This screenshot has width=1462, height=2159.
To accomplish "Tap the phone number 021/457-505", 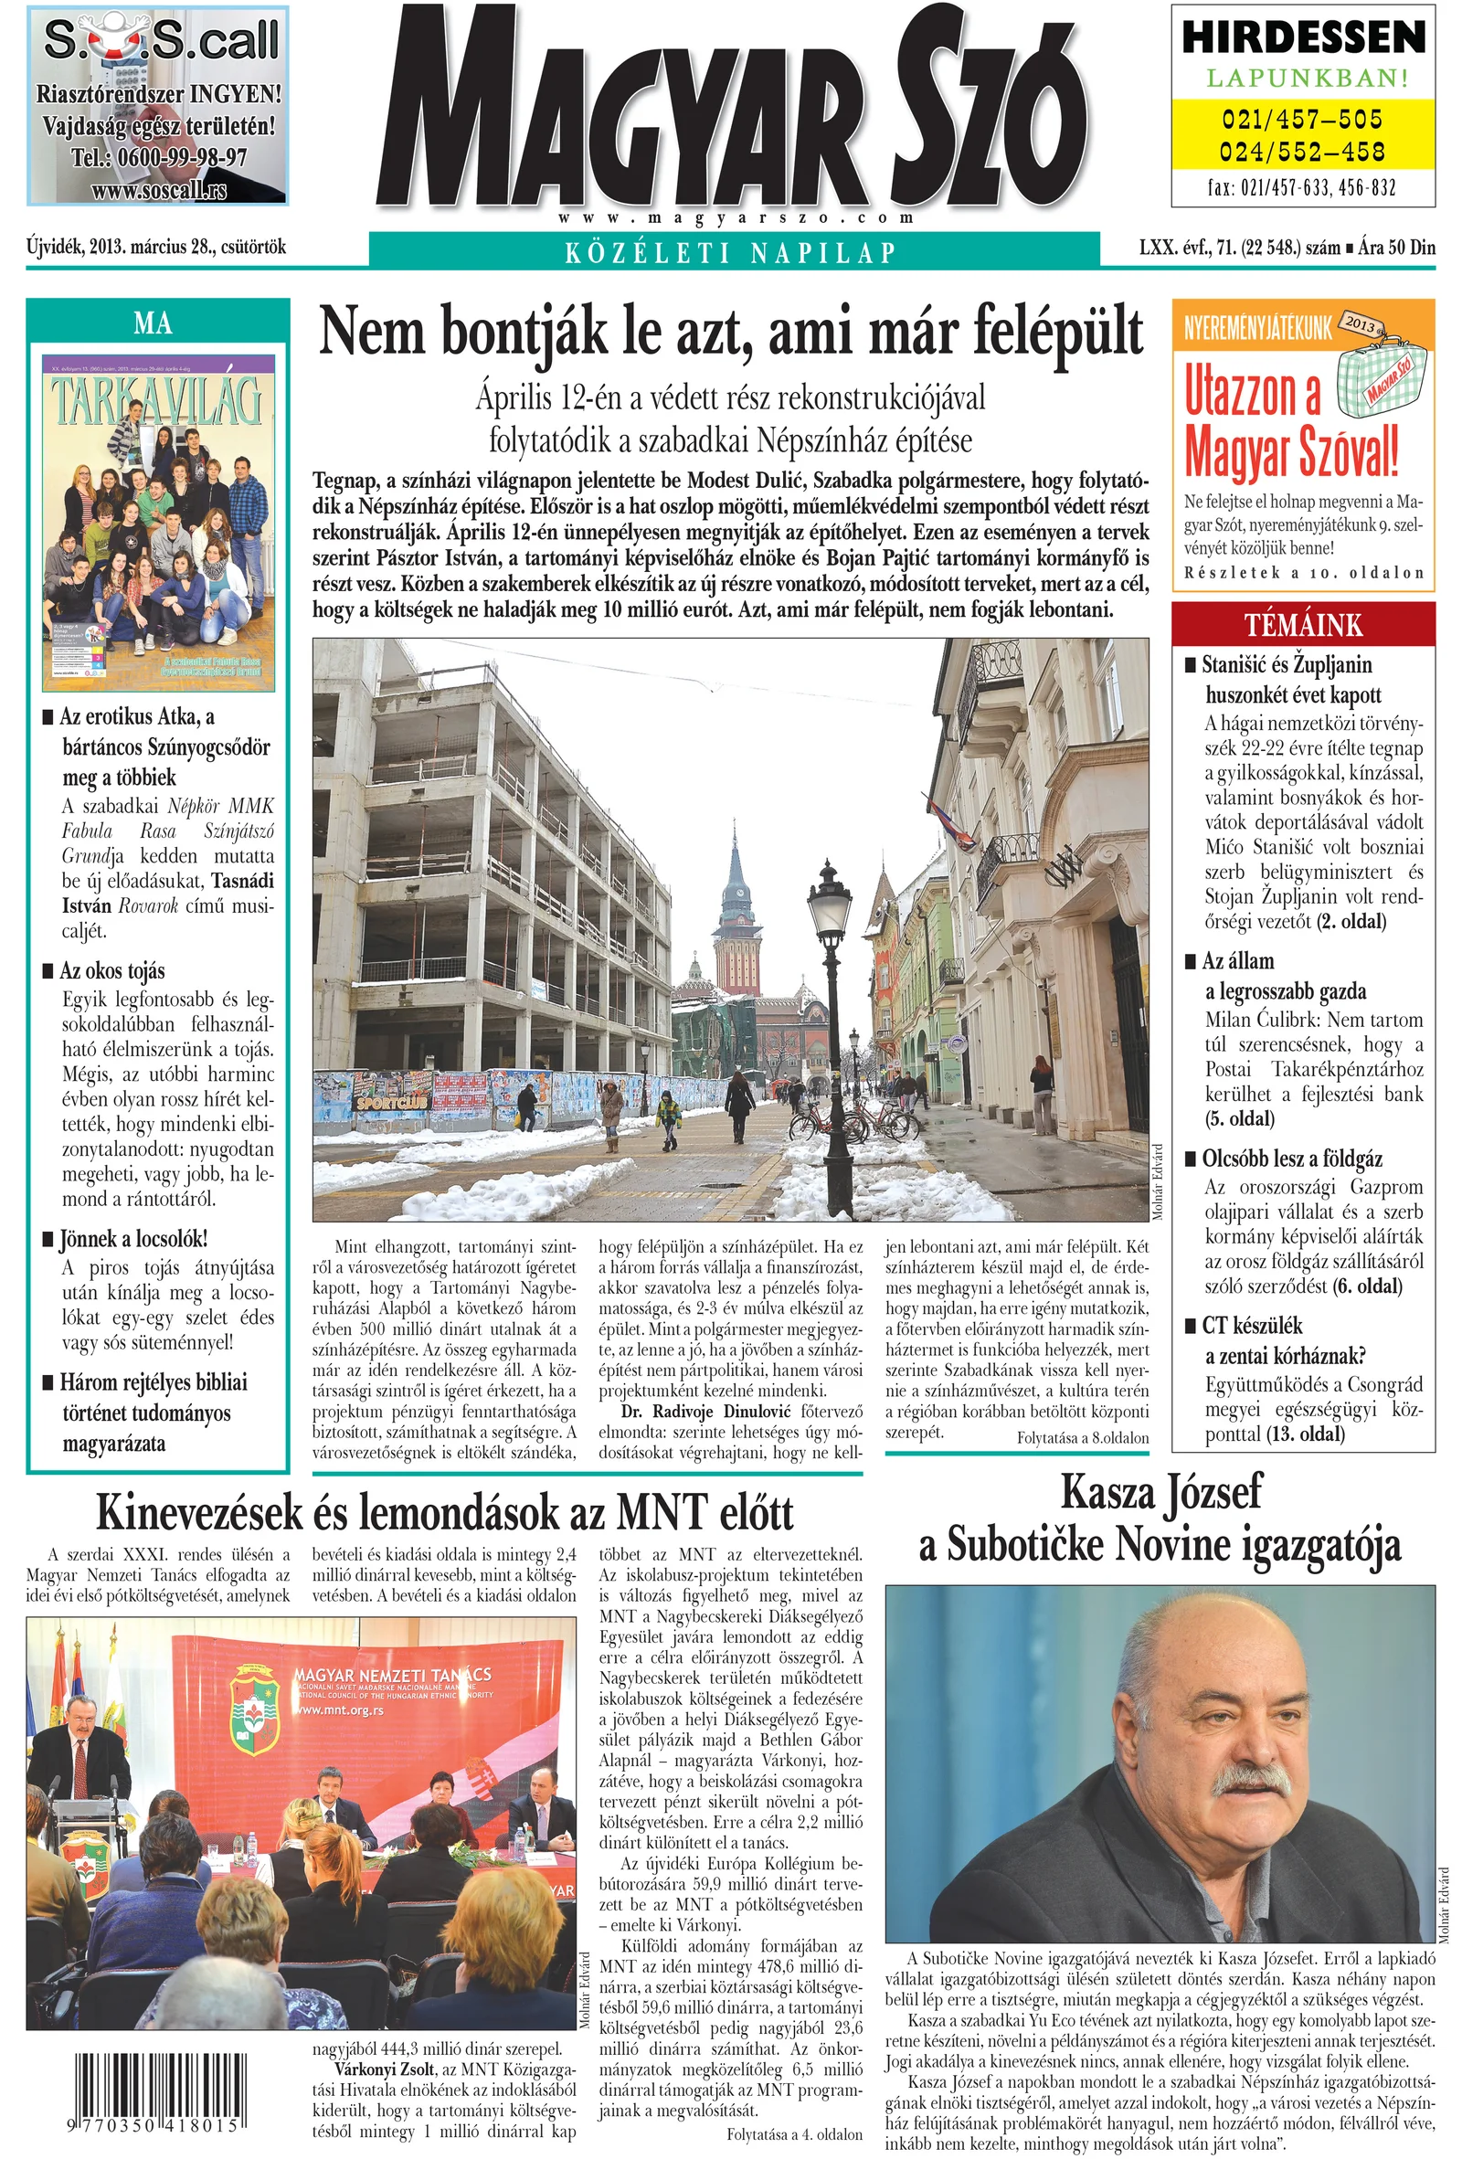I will pyautogui.click(x=1302, y=119).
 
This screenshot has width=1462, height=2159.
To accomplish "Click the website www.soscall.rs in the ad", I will pyautogui.click(x=159, y=190).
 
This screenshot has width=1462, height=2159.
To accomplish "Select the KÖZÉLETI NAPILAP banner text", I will pyautogui.click(x=731, y=252).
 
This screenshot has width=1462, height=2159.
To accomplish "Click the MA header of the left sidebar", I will pyautogui.click(x=154, y=323).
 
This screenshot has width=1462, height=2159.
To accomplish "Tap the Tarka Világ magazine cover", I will pyautogui.click(x=159, y=522).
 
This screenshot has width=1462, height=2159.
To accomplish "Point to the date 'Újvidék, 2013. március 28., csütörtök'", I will pyautogui.click(x=156, y=247).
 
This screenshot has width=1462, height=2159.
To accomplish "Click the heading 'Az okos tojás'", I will pyautogui.click(x=111, y=971).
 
